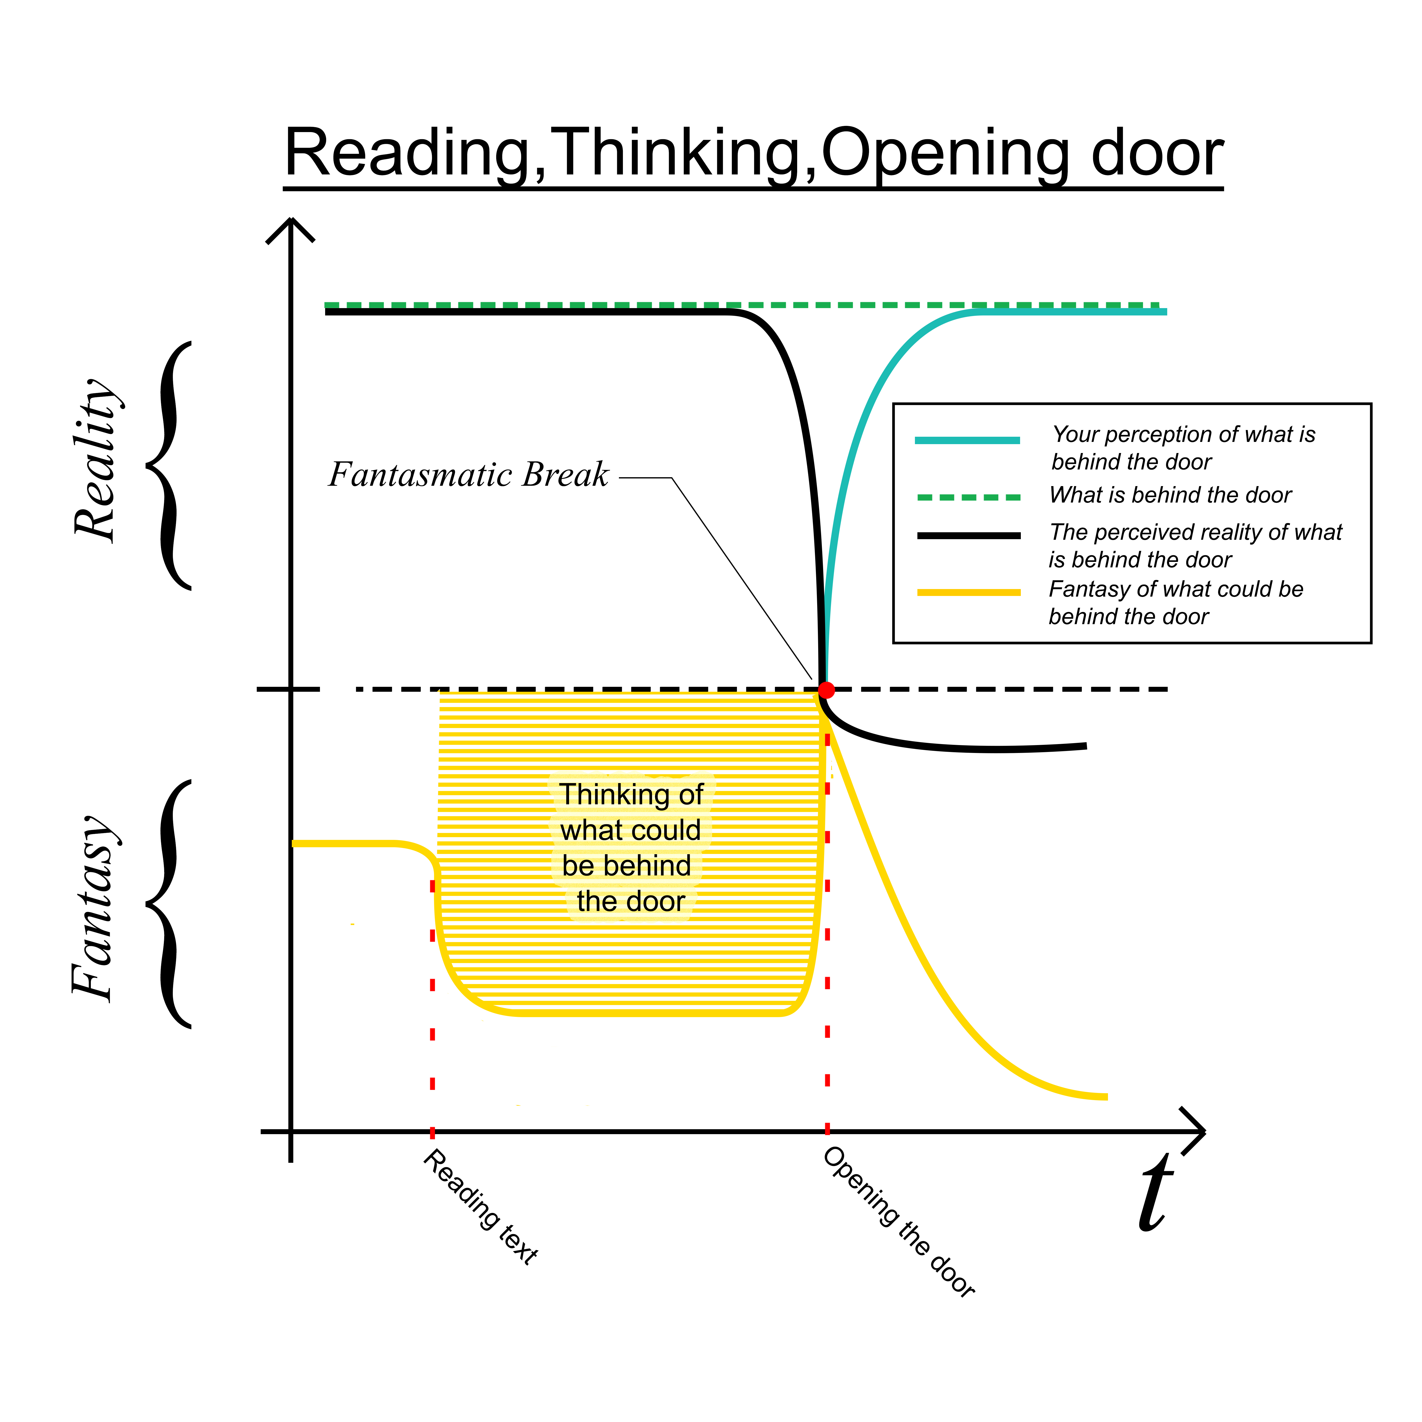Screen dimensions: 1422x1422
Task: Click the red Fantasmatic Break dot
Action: (x=827, y=690)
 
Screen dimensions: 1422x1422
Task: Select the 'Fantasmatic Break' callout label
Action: (x=469, y=475)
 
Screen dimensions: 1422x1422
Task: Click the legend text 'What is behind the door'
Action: (x=1170, y=495)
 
